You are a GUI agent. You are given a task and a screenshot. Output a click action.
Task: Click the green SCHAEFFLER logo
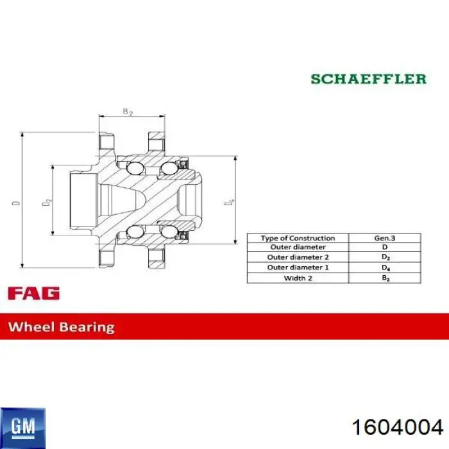(x=368, y=79)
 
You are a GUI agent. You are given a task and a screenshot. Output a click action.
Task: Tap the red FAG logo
(x=34, y=293)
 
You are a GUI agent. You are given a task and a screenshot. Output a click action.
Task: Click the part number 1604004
(x=398, y=428)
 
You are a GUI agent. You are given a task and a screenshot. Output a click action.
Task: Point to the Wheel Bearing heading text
(x=62, y=327)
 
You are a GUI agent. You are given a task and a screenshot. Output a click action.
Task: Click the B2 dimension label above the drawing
(x=128, y=112)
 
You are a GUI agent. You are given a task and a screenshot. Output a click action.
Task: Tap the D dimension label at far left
(x=16, y=203)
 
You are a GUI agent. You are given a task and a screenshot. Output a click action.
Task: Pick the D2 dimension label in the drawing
(x=47, y=202)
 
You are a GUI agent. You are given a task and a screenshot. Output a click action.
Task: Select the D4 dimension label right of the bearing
(x=229, y=201)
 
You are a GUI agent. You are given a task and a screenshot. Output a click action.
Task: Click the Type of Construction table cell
(x=298, y=238)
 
